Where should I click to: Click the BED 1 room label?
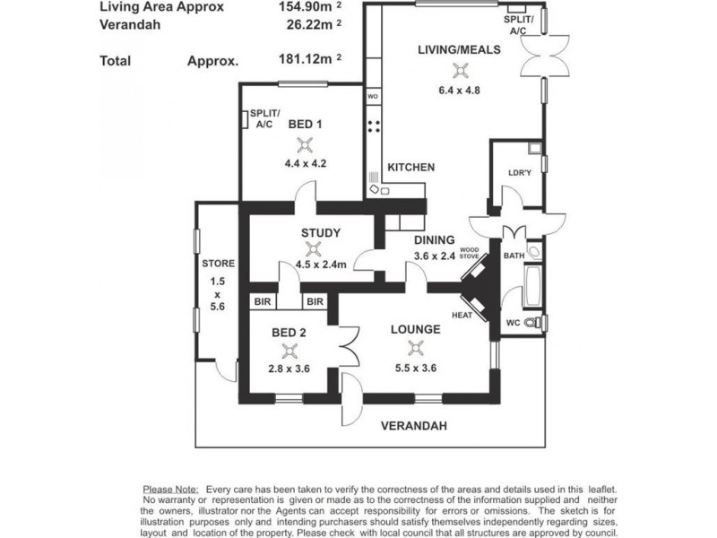point(305,124)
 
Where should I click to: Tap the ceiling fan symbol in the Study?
point(313,249)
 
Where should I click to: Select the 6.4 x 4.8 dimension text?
point(459,91)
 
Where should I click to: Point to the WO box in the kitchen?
point(373,97)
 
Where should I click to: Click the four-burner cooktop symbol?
point(374,126)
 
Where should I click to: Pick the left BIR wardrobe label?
point(263,301)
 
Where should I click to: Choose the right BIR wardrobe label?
point(315,301)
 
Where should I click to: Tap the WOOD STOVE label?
point(469,253)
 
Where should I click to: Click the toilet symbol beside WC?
point(530,322)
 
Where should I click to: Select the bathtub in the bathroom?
point(532,286)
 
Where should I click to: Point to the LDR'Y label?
point(520,173)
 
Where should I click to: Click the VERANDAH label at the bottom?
point(414,426)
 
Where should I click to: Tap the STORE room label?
point(218,264)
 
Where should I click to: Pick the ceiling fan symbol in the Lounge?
point(415,349)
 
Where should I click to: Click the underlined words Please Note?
point(170,490)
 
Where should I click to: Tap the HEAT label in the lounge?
point(462,316)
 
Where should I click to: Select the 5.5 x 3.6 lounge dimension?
point(416,368)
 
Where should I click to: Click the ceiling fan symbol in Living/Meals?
point(460,71)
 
